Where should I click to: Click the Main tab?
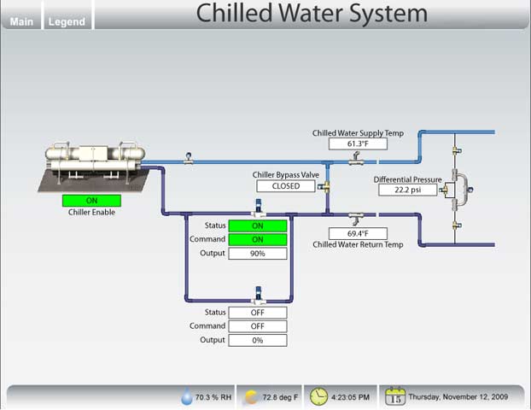tap(21, 21)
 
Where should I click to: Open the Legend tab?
tap(67, 21)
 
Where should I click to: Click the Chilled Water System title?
tap(311, 14)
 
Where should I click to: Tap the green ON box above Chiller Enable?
tap(91, 201)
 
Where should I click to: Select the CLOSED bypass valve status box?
tap(287, 185)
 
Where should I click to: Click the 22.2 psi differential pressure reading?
tap(408, 190)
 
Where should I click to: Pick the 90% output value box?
tap(257, 254)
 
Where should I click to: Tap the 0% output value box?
tap(257, 340)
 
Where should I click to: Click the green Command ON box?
tap(257, 240)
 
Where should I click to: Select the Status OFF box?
tap(257, 313)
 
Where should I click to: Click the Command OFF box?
tap(257, 326)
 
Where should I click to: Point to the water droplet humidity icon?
tap(186, 397)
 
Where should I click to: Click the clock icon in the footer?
tap(318, 396)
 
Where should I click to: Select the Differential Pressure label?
tap(408, 179)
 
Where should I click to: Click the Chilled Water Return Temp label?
tap(358, 244)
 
